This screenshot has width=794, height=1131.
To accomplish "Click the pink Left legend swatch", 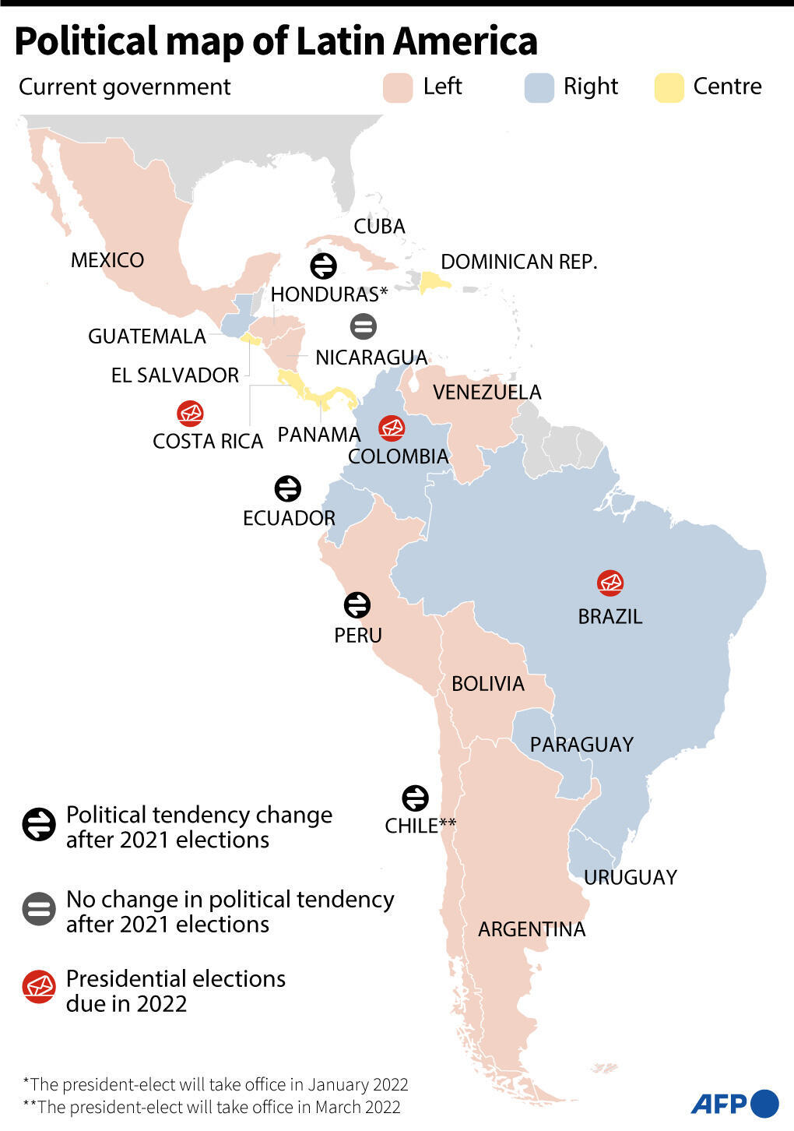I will tap(398, 88).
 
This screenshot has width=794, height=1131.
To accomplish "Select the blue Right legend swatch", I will tap(539, 88).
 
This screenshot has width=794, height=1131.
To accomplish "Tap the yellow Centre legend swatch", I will tap(669, 88).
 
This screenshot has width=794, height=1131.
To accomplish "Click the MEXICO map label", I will tap(107, 260).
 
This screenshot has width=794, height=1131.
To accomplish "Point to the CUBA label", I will tap(379, 227).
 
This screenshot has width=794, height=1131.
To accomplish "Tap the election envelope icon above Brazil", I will tap(610, 583).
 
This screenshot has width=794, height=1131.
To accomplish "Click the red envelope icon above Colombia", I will tap(392, 428).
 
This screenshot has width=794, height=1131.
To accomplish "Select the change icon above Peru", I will tap(357, 605).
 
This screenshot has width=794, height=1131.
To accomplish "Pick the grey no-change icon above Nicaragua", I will tap(364, 326).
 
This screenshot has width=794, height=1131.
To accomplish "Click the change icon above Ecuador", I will tap(288, 489).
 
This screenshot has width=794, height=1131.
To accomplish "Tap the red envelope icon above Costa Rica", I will tap(190, 414).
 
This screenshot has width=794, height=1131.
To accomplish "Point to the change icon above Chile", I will tap(415, 798).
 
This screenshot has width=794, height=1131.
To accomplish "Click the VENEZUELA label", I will tap(487, 392).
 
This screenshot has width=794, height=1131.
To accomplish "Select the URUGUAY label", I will tap(631, 878).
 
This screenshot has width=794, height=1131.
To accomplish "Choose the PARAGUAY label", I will tap(581, 745).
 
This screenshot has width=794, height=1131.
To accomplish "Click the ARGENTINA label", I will tap(532, 929).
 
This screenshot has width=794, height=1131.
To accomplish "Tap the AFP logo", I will tap(734, 1103).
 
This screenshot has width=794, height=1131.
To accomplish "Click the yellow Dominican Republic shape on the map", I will tap(434, 282).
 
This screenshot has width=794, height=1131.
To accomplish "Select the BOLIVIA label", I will tap(488, 684).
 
